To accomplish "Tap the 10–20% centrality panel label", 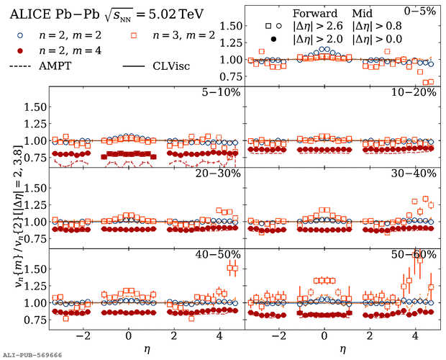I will [421, 92].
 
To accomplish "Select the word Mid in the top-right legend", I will [366, 13].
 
